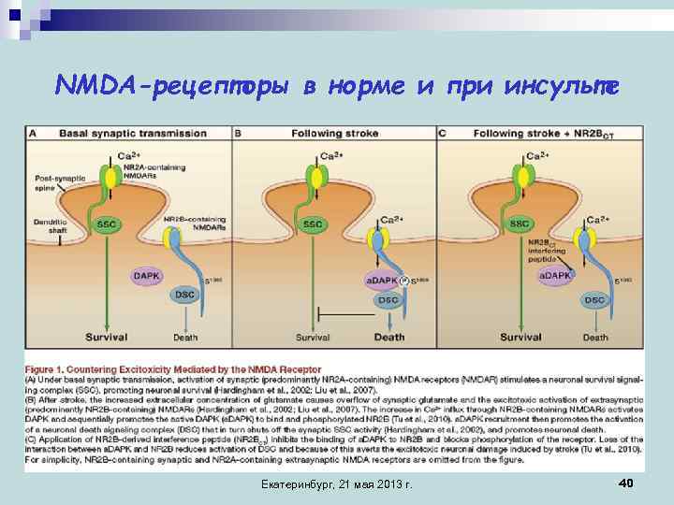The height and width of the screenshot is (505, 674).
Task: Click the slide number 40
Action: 626,481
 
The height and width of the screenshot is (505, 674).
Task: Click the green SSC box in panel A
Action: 108,224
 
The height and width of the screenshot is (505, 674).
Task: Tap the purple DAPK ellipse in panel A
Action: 146,276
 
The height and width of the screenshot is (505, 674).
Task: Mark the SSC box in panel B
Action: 313,224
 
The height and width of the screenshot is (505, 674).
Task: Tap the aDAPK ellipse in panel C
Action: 555,276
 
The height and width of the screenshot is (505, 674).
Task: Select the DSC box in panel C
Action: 594,299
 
